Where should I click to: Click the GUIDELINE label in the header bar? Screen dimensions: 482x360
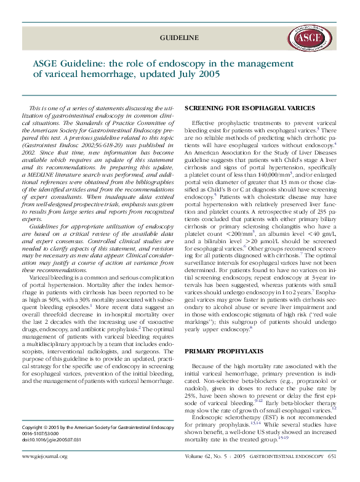[179, 38]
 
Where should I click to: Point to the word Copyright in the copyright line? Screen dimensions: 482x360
[34, 426]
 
